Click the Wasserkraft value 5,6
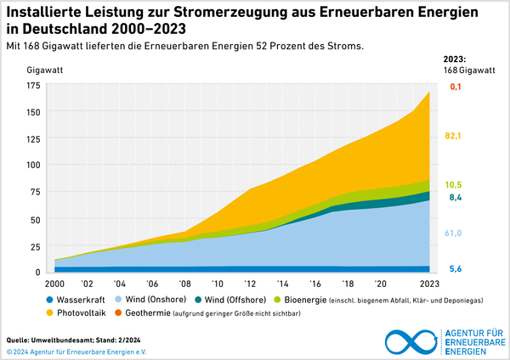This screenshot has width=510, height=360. (x=455, y=268)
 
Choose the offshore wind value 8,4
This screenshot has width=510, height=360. (x=455, y=198)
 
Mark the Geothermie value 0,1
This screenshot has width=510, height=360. (x=455, y=87)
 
